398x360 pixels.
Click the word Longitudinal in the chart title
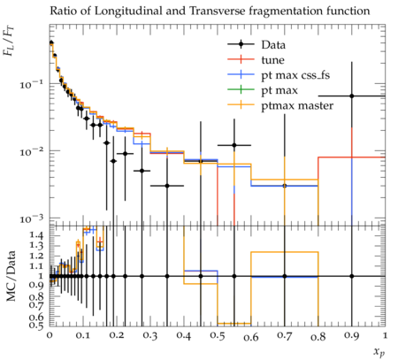(x=128, y=11)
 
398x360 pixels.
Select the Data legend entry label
(x=273, y=45)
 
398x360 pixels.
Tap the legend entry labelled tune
(x=272, y=60)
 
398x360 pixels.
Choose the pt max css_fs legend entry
(x=295, y=75)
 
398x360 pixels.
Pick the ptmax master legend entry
(x=297, y=106)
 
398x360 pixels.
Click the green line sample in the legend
(x=241, y=89)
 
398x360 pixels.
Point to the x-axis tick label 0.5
(x=218, y=336)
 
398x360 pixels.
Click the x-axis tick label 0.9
(x=352, y=336)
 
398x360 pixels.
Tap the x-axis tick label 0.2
(x=117, y=336)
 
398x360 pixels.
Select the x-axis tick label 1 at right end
(x=385, y=336)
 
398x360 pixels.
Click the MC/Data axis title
(x=11, y=276)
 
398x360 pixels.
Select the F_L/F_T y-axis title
(x=9, y=41)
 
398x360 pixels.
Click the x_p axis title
(x=379, y=352)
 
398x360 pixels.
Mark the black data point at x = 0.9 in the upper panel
(x=352, y=96)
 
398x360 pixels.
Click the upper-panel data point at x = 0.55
(x=234, y=145)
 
